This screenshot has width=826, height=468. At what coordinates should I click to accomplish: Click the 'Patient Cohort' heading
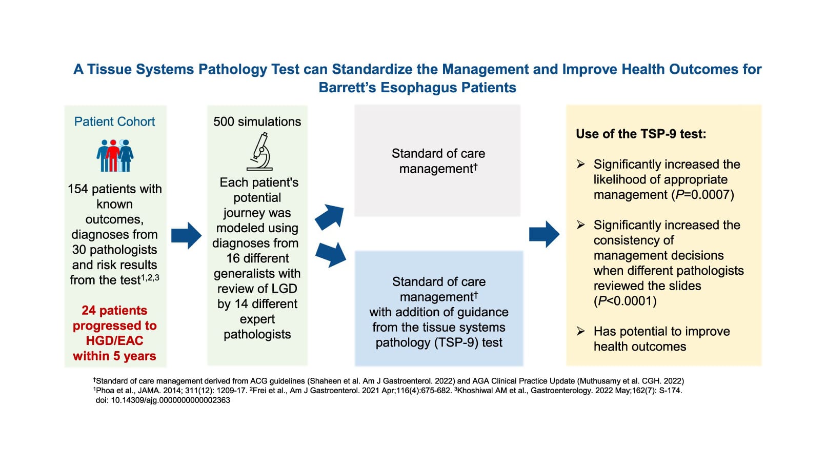pyautogui.click(x=114, y=121)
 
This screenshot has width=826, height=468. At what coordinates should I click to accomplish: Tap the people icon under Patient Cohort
pyautogui.click(x=115, y=155)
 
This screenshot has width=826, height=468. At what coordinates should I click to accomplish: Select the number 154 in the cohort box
pyautogui.click(x=78, y=189)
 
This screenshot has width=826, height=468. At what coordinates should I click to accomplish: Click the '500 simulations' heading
pyautogui.click(x=257, y=121)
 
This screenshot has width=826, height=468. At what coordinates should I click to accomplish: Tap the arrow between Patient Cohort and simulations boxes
pyautogui.click(x=186, y=236)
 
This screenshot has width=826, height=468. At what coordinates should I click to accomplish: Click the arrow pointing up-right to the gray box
pyautogui.click(x=329, y=216)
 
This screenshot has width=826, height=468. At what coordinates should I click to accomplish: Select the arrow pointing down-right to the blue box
pyautogui.click(x=330, y=254)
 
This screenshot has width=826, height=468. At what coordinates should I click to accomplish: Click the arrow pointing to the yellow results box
pyautogui.click(x=544, y=234)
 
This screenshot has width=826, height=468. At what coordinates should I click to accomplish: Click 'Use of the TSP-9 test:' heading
pyautogui.click(x=641, y=134)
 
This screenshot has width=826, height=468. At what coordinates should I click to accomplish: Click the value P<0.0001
pyautogui.click(x=626, y=301)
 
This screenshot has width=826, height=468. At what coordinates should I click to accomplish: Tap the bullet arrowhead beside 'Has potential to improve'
pyautogui.click(x=580, y=331)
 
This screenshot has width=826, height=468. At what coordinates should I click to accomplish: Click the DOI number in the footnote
pyautogui.click(x=171, y=400)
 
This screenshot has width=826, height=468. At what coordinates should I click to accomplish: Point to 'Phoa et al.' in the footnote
pyautogui.click(x=114, y=391)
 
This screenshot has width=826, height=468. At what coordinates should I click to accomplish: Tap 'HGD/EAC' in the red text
pyautogui.click(x=114, y=341)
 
